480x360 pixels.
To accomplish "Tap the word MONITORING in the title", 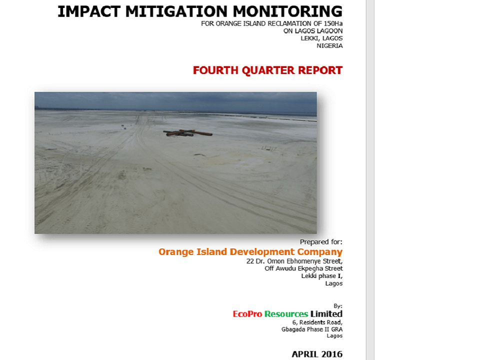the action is coord(287,11).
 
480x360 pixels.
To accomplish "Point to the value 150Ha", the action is coord(333,23).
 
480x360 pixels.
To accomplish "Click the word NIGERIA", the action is coord(329,45).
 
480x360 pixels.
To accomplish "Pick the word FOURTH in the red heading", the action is coord(215,70).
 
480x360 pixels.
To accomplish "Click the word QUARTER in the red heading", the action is coord(268,70).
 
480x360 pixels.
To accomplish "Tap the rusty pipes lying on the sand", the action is coord(187,133).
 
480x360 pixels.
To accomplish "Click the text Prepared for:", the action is coord(321,242).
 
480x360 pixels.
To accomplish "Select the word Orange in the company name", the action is coord(176,252).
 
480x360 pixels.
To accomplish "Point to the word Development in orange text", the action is coord(262,252).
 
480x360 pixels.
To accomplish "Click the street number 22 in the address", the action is coord(250,261).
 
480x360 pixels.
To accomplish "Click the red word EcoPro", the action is coord(247,314).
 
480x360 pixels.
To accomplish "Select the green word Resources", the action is coord(286,314).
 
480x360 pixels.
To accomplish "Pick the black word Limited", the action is coord(326,314).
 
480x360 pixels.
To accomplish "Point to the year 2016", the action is coord(330,354).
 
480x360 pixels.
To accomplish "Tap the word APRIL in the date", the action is coord(303,354).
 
